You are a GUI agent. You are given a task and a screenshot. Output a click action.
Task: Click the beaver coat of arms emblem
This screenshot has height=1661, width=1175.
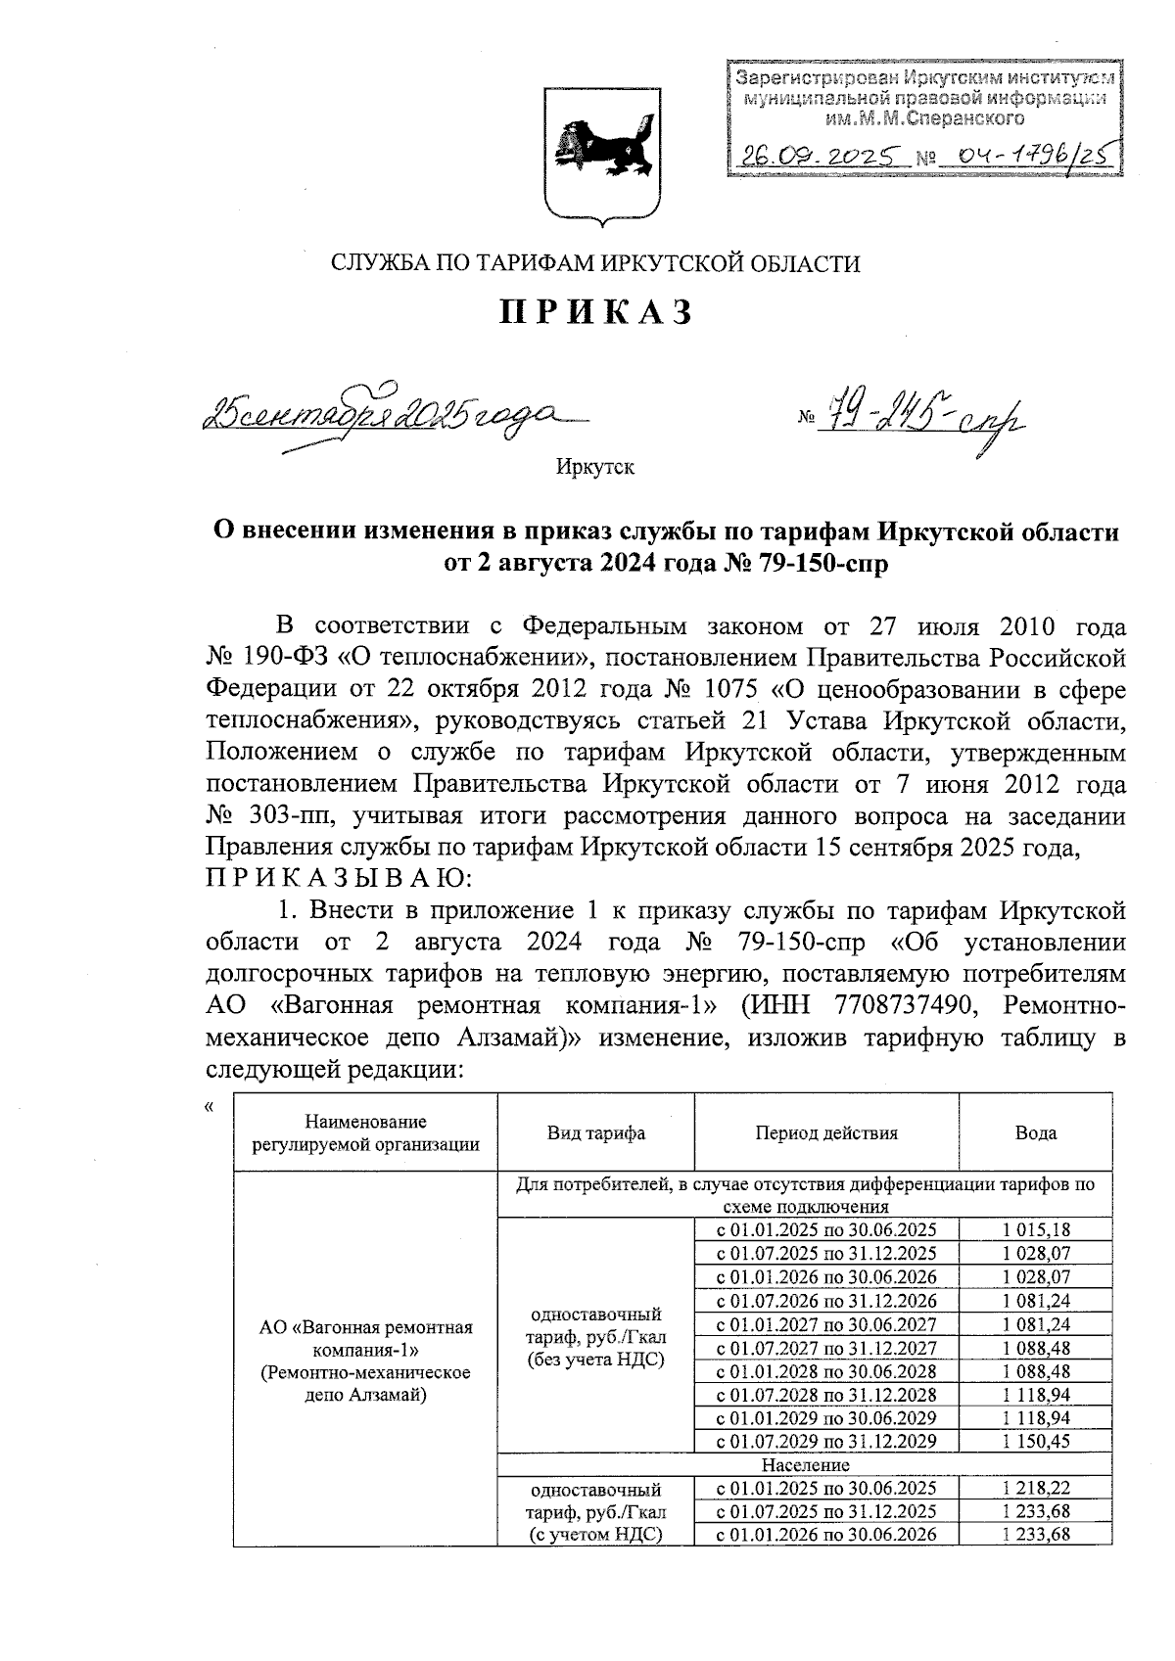click(600, 152)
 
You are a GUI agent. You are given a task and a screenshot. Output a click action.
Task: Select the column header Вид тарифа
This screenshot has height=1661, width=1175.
click(595, 1133)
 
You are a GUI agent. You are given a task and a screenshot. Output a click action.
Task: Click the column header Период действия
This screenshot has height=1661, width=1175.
click(825, 1133)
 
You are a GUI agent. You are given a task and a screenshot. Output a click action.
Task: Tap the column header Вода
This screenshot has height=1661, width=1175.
click(1035, 1133)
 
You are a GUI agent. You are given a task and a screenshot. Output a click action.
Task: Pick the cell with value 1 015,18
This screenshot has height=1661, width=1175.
click(1035, 1229)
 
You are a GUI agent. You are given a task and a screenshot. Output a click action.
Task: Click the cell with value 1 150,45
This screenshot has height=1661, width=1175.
click(1035, 1441)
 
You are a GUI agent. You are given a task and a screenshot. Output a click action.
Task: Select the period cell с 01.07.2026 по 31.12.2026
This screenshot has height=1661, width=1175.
click(825, 1300)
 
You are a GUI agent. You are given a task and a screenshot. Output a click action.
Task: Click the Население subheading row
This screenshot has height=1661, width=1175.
click(805, 1464)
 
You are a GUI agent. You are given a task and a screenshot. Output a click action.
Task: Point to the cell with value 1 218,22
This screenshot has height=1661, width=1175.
click(1035, 1488)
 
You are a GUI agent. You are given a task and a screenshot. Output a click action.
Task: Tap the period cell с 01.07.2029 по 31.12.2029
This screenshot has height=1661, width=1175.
click(825, 1441)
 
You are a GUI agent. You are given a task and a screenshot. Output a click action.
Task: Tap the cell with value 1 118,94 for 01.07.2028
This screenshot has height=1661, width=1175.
click(1035, 1394)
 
